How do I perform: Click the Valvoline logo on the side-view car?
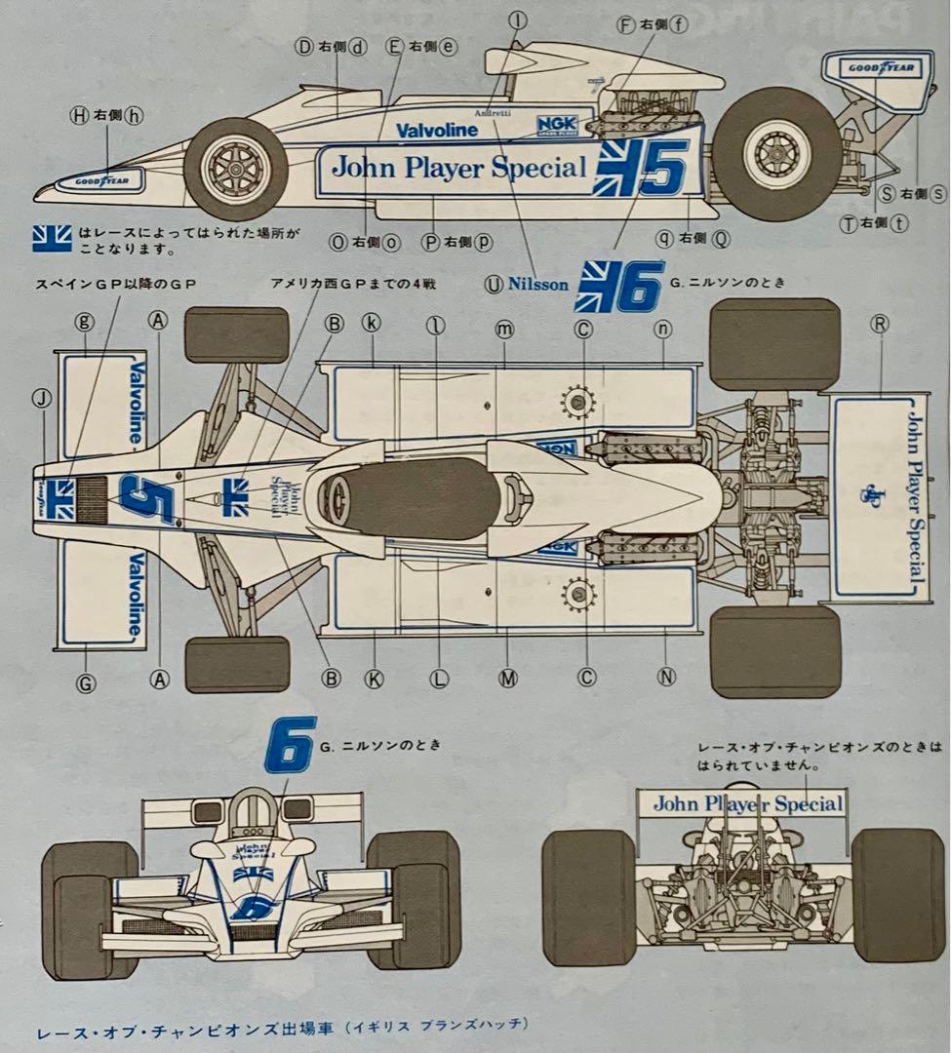coord(436,130)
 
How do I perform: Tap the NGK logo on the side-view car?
coord(558,126)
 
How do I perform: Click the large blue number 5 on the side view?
coord(664,165)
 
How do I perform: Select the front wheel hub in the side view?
coord(235,169)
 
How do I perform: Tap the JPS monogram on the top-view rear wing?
coord(863,494)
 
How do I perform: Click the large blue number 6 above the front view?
coord(290,745)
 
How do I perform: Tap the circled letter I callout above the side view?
coord(518,19)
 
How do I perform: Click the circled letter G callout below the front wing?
coord(86,683)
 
